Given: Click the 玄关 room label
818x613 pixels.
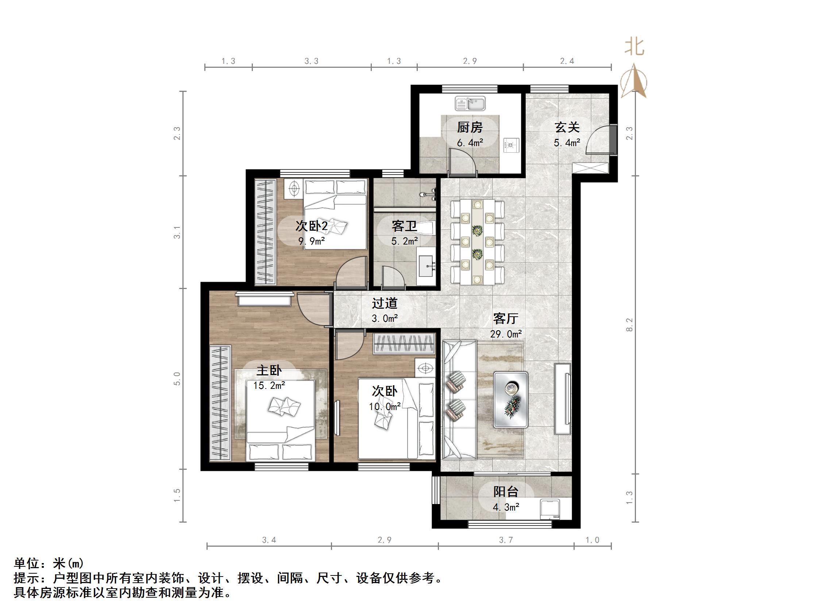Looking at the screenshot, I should coord(567,128).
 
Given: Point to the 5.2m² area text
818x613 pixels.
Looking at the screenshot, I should coord(405,241).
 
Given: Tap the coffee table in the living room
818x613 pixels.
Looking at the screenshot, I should coord(511,399).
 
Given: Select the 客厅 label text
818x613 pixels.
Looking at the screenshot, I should coord(506,319).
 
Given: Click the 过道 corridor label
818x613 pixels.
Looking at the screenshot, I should coord(385,303).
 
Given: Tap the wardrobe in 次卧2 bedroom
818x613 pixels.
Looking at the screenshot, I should coord(266,232).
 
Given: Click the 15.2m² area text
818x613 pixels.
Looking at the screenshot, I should coord(269,386).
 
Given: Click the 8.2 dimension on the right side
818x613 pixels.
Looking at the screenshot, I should coord(629,325).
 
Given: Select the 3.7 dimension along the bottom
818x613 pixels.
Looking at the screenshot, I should coord(506,540).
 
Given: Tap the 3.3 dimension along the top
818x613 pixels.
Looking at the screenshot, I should coord(311,61).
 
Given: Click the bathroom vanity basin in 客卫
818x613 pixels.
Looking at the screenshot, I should coord(427,265).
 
